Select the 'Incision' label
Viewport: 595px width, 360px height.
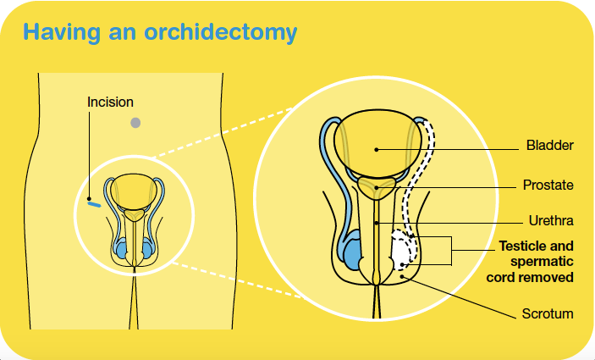pyautogui.click(x=110, y=102)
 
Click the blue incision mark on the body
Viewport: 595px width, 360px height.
pyautogui.click(x=94, y=203)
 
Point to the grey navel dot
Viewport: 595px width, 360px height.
pyautogui.click(x=135, y=123)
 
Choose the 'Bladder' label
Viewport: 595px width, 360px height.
pyautogui.click(x=549, y=146)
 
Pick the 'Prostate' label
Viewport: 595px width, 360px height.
pyautogui.click(x=548, y=185)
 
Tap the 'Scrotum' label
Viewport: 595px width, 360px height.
pyautogui.click(x=548, y=314)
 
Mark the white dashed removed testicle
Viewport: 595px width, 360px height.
pyautogui.click(x=401, y=252)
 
